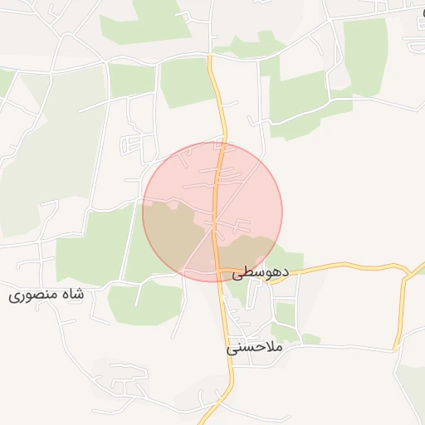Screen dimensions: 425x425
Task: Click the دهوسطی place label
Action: [260, 272]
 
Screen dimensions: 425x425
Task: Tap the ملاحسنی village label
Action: [255, 348]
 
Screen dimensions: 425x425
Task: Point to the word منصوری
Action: [34, 296]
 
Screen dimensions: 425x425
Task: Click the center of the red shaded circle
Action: [212, 212]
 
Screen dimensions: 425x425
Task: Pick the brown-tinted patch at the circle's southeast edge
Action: [249, 252]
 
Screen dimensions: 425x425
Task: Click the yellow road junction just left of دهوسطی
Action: [222, 271]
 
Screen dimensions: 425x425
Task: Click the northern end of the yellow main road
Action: [210, 58]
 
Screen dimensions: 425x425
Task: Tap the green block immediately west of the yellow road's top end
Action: [188, 81]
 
